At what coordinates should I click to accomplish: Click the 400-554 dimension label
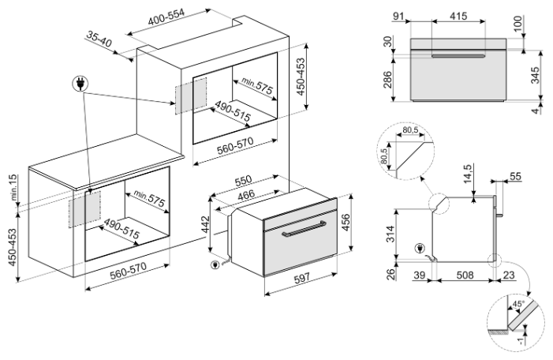pos(166,17)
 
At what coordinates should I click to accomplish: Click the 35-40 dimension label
pos(99,39)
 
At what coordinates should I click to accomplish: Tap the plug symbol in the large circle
pos(80,84)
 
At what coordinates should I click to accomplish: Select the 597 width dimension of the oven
pos(302,278)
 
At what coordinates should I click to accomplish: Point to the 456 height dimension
pos(346,223)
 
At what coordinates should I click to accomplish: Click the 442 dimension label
pos(205,225)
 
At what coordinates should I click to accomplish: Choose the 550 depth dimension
pos(243,181)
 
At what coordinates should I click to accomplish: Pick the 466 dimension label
pos(246,195)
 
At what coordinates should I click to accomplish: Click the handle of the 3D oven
pos(304,227)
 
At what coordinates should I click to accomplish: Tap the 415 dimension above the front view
pos(458,16)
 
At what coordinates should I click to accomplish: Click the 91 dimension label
pos(398,17)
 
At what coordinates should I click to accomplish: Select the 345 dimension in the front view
pos(535,75)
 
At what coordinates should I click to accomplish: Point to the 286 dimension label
pos(387,80)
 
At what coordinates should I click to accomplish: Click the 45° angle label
pos(518,303)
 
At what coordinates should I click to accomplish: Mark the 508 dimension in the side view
pos(465,275)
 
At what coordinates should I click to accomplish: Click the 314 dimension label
pos(390,234)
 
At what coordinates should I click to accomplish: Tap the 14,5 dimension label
pos(467,174)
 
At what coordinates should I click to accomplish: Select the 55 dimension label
pos(515,176)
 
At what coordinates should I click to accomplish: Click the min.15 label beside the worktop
pos(13,187)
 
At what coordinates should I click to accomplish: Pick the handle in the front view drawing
pos(458,56)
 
